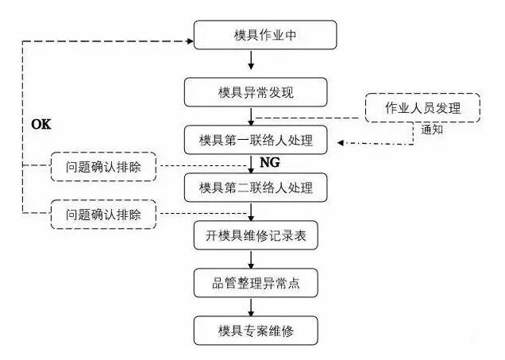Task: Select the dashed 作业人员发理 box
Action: [423, 107]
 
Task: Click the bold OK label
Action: [40, 125]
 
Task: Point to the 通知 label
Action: [432, 129]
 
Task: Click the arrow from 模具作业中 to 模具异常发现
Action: [251, 61]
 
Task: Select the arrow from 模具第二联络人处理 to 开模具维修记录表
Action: [251, 211]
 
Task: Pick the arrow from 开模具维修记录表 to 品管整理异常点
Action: [251, 259]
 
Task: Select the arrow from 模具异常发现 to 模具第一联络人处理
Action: [251, 116]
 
